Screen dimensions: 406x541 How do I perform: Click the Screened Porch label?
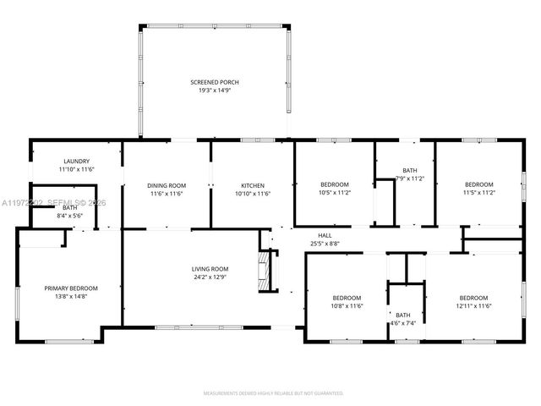pyautogui.click(x=215, y=81)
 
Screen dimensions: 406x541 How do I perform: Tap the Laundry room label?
pyautogui.click(x=76, y=161)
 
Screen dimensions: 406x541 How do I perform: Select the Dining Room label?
pyautogui.click(x=167, y=185)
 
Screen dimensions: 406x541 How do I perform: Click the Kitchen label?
pyautogui.click(x=253, y=185)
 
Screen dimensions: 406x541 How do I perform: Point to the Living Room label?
pyautogui.click(x=208, y=268)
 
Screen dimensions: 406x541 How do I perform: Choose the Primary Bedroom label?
pyautogui.click(x=72, y=288)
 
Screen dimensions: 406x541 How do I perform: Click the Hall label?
pyautogui.click(x=325, y=235)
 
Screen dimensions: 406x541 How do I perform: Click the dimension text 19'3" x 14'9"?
pyautogui.click(x=215, y=90)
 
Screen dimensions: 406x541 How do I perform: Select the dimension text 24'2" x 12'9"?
pyautogui.click(x=208, y=277)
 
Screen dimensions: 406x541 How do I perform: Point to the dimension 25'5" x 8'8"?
pyautogui.click(x=325, y=244)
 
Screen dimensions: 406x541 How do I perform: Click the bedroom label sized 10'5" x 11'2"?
pyautogui.click(x=334, y=184)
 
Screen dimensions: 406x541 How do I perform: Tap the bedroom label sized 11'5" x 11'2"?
pyautogui.click(x=479, y=184)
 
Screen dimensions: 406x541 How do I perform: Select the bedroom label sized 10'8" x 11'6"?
pyautogui.click(x=347, y=298)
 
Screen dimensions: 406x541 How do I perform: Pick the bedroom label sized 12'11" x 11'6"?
pyautogui.click(x=473, y=298)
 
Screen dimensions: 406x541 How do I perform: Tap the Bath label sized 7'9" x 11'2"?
pyautogui.click(x=410, y=170)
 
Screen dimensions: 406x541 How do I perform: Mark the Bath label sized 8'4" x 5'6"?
pyautogui.click(x=69, y=207)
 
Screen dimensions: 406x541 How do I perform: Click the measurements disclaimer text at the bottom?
pyautogui.click(x=272, y=393)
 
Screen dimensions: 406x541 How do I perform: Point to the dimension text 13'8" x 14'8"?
pyautogui.click(x=72, y=296)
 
